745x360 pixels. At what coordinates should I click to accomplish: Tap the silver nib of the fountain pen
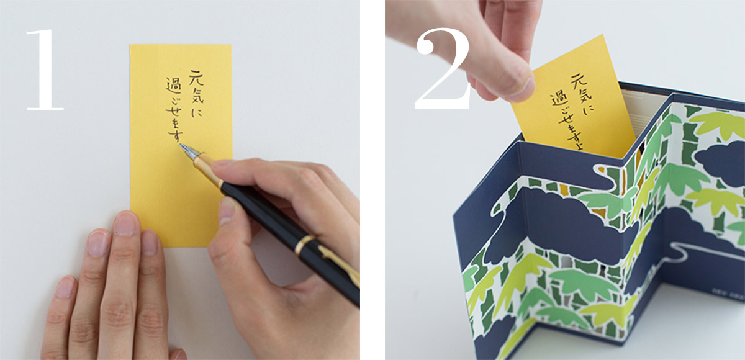189,151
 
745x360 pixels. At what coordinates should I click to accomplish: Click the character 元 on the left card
196,78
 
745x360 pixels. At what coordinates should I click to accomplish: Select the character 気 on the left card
197,96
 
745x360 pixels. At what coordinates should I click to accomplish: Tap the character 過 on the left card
173,86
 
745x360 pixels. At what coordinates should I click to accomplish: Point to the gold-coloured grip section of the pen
208,169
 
